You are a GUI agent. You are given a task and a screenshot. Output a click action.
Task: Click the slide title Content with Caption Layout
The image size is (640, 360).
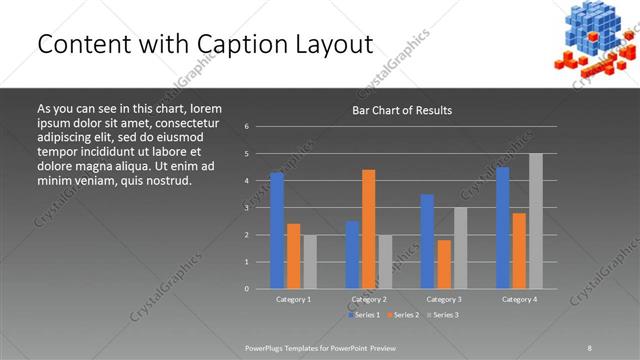(x=205, y=45)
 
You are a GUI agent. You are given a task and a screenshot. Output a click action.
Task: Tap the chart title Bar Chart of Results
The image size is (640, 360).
(x=401, y=110)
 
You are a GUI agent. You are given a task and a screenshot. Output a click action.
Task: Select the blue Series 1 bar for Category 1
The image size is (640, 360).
(x=277, y=230)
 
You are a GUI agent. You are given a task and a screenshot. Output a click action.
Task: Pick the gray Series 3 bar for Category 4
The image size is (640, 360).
(x=536, y=221)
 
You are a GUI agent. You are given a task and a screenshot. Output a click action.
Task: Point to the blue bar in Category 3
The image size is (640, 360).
(x=427, y=241)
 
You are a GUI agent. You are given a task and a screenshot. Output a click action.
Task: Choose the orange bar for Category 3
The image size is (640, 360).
(x=444, y=264)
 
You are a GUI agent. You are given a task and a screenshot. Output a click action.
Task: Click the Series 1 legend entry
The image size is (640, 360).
(x=363, y=315)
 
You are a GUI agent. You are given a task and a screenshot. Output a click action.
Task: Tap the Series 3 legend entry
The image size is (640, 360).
(x=445, y=315)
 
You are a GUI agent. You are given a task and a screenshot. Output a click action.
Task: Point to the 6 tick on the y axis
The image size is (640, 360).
(x=246, y=127)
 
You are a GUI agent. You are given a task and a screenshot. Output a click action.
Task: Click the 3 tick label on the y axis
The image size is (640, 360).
(x=246, y=208)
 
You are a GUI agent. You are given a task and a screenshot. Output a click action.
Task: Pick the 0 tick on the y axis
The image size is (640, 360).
(x=246, y=289)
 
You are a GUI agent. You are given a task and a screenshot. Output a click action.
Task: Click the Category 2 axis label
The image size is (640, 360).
(x=369, y=299)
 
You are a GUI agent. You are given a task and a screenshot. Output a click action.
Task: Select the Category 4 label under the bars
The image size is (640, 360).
(x=519, y=299)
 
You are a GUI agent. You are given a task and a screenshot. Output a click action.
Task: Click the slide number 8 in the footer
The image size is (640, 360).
(x=590, y=346)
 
